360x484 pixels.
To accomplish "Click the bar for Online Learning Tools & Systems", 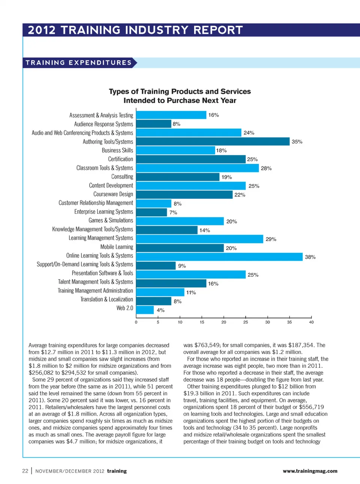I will point(219,257).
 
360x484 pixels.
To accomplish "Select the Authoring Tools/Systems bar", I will point(213,141).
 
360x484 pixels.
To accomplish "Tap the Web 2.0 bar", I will point(145,310).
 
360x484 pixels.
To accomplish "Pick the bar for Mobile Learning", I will point(180,248).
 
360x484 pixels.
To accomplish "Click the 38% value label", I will point(310,257).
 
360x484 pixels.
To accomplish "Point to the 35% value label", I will point(297,142).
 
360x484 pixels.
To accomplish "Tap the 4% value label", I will point(160,310).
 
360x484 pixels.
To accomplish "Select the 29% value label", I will point(271,239).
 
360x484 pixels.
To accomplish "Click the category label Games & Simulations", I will point(111,220).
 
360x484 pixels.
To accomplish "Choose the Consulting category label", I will point(122,177).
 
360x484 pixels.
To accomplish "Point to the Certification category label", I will point(120,159).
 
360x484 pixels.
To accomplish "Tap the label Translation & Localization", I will point(106,299).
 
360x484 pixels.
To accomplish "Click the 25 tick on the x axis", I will point(246,322).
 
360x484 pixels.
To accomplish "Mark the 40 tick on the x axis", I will point(311,322).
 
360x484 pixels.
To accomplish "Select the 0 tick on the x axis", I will point(136,322).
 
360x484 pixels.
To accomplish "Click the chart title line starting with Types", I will point(180,91).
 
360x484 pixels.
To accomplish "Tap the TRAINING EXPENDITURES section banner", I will point(79,63).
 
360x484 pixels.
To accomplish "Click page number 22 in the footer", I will point(25,471).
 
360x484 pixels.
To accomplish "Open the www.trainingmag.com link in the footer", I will point(310,471).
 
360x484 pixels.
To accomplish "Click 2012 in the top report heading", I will point(42,30).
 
